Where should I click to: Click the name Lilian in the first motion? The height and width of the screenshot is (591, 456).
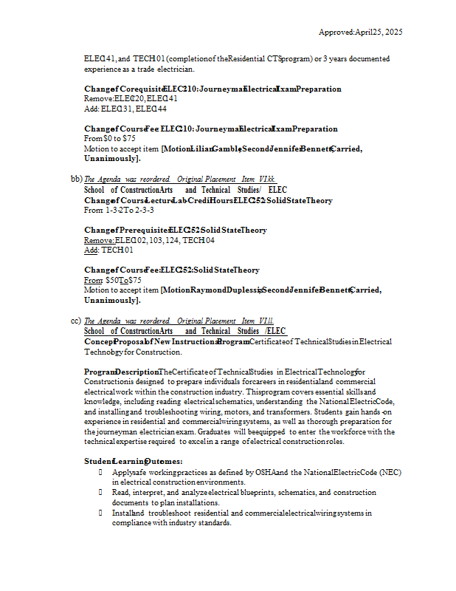pyautogui.click(x=201, y=148)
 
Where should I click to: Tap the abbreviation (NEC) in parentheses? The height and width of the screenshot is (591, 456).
pyautogui.click(x=392, y=471)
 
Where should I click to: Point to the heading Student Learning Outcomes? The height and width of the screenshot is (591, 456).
pyautogui.click(x=133, y=461)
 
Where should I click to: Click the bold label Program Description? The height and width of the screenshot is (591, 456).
pyautogui.click(x=120, y=372)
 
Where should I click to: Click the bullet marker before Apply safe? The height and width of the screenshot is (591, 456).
pyautogui.click(x=100, y=471)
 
